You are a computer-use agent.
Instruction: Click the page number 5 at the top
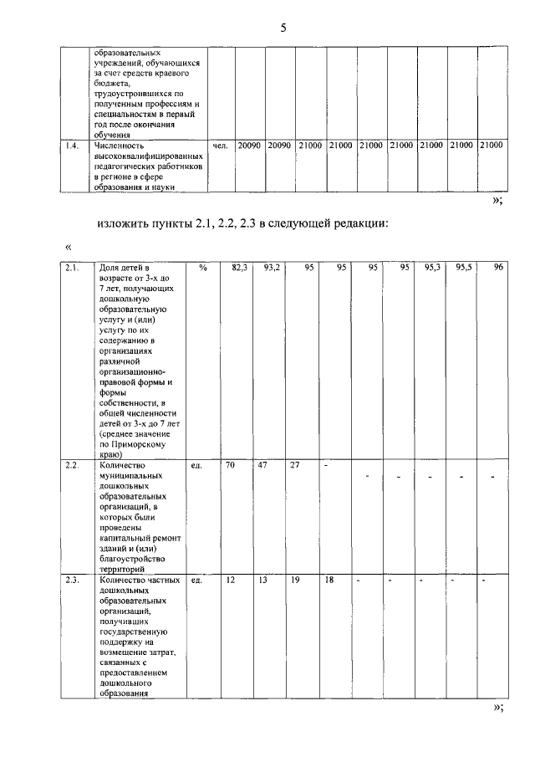pos(283,28)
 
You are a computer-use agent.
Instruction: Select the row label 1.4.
pos(72,146)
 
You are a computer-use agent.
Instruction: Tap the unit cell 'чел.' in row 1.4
pos(221,146)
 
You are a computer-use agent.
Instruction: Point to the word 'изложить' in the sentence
pos(124,223)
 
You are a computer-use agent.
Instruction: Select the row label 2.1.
pos(72,268)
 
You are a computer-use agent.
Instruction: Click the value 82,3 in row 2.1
pos(240,268)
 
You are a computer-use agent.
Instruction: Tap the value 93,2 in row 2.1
pos(272,268)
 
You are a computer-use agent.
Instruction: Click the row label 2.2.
pos(72,465)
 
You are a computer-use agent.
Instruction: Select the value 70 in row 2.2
pos(230,465)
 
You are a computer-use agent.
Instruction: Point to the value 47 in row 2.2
pos(262,465)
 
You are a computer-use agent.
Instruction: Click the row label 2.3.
pos(72,579)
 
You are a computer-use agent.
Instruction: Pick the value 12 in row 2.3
pos(230,579)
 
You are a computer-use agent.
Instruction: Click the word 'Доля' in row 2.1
pos(110,268)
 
